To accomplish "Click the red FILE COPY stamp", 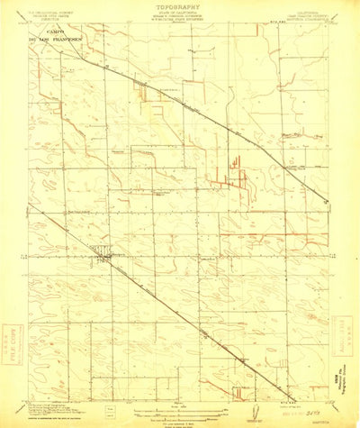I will [x=13, y=337].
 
